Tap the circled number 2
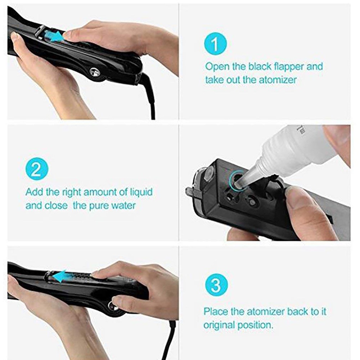click(x=36, y=169)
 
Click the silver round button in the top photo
click(x=95, y=72)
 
